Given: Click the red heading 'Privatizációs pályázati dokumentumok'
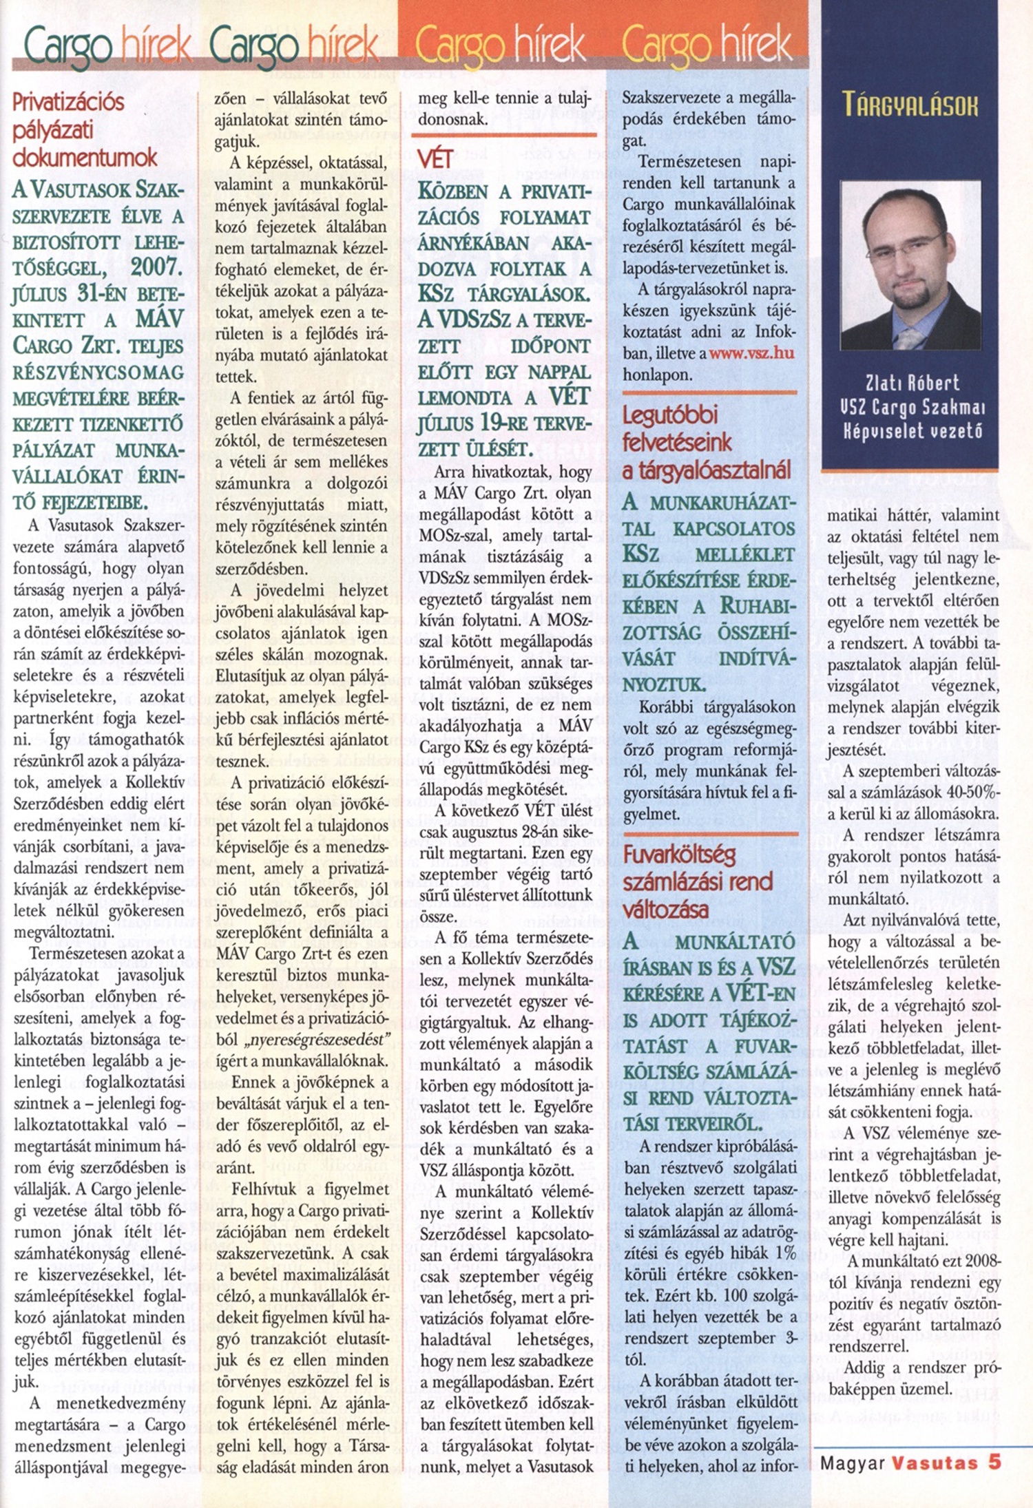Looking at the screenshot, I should (84, 130).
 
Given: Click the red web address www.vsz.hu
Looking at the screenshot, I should (751, 353).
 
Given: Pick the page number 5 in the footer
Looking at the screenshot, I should (994, 1463).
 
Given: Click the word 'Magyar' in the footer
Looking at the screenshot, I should (852, 1463).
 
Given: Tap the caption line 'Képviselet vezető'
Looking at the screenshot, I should (910, 432).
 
